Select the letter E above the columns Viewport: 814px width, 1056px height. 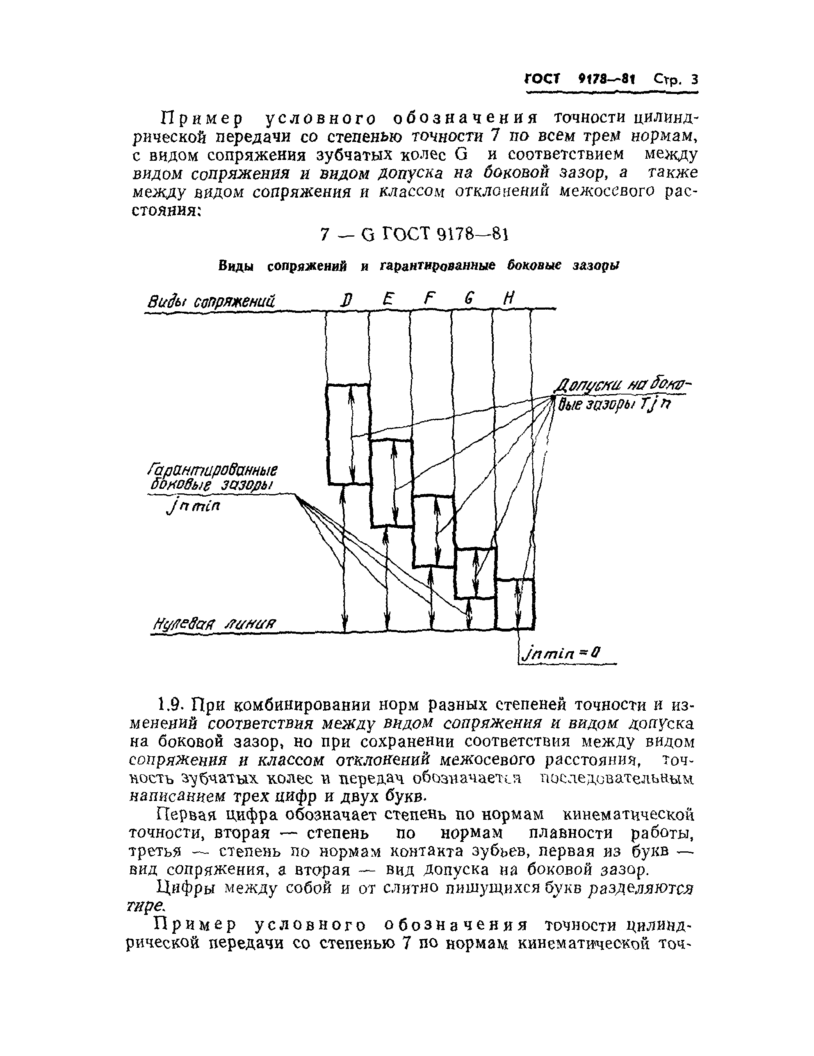coord(387,300)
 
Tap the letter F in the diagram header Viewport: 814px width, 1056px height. coord(427,300)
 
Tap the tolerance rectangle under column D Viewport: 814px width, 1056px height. coord(348,434)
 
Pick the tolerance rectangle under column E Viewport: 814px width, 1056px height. coord(392,483)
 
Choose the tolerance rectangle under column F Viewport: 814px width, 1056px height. coord(433,530)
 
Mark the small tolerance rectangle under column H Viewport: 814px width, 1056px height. coord(515,604)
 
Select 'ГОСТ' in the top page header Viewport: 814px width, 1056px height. coord(541,79)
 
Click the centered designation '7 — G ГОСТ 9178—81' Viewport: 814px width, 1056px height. coord(414,235)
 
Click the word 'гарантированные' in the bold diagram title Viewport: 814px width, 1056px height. coord(438,265)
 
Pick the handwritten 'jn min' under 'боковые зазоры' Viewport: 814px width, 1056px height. coord(192,507)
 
